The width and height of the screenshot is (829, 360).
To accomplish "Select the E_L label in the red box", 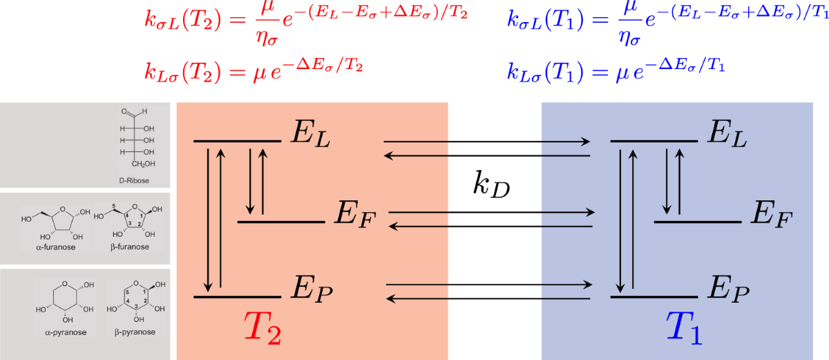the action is coord(310,135).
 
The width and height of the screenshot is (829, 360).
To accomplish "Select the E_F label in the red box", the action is coord(354,216).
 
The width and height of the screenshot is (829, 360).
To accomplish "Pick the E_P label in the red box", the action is coord(312,292).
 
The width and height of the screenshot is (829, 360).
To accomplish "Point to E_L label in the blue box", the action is coord(727,135).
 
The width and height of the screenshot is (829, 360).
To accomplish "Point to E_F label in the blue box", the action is coord(771,216).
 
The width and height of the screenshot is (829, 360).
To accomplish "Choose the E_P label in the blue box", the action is coord(729,292).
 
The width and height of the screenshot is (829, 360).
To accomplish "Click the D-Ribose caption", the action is coord(133,180).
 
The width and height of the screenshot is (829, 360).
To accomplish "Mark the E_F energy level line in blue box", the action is coord(697,222).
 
